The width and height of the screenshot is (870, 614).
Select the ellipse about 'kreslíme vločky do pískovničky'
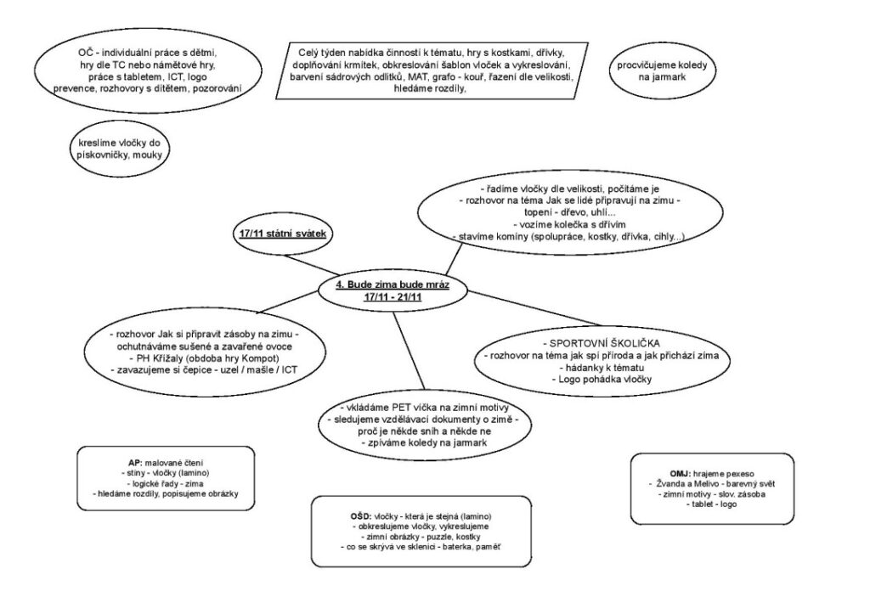[x=119, y=149]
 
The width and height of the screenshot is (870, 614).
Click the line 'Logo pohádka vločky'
[x=604, y=379]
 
